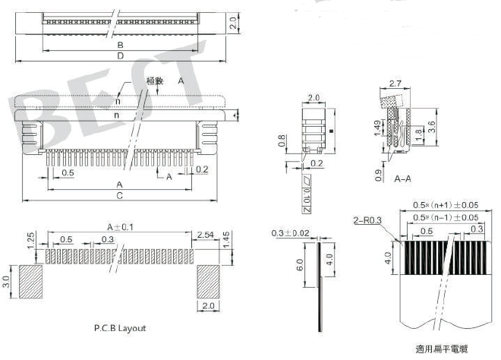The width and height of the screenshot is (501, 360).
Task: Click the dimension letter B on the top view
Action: coord(120,46)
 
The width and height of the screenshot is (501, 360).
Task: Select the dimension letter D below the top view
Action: coord(120,56)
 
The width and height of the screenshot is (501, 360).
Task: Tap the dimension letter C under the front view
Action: coord(120,195)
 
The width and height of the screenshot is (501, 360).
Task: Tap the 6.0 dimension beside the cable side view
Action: coord(300,266)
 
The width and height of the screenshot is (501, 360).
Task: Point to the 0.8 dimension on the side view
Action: coord(282,141)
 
